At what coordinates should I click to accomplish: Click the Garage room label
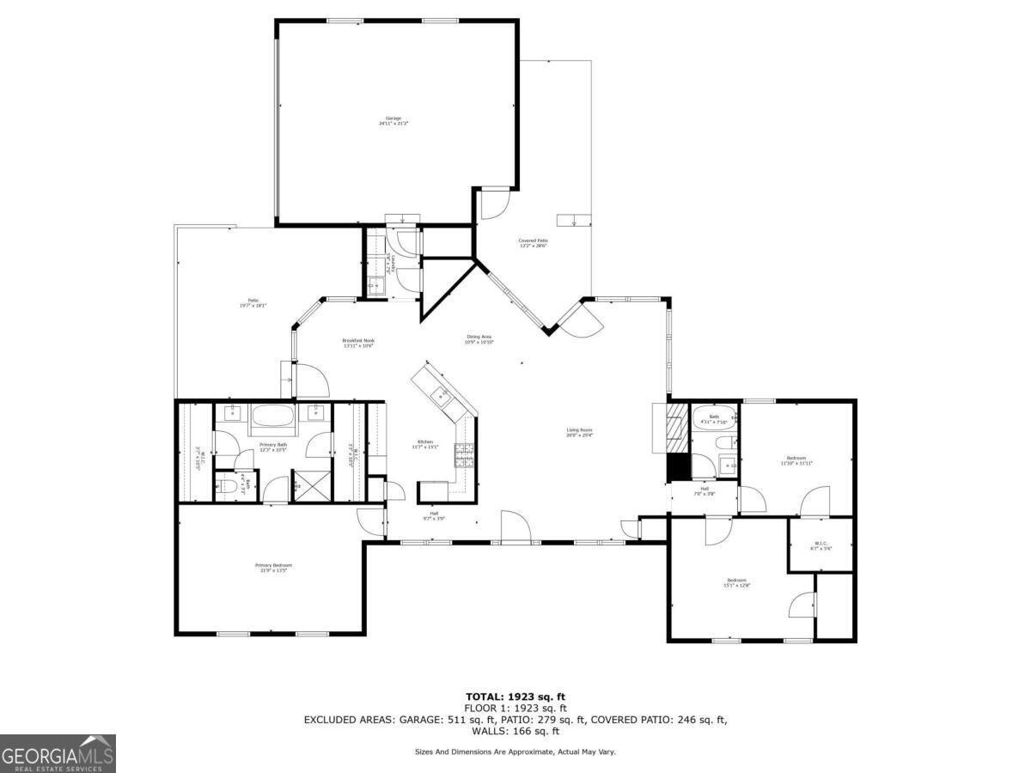coord(393,121)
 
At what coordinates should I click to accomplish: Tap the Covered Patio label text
coord(533,243)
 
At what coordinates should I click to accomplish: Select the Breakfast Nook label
coord(358,343)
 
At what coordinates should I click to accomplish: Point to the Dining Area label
coord(479,339)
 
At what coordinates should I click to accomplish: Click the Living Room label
coord(579,432)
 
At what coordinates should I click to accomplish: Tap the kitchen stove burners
coord(465,454)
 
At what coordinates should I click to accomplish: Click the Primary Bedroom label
coord(273,568)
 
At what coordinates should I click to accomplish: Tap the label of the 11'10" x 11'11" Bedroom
coord(796,460)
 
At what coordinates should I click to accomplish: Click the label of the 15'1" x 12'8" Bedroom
coord(737,583)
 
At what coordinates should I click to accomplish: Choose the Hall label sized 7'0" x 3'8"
coord(704,491)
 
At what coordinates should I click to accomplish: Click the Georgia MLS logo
coord(58,753)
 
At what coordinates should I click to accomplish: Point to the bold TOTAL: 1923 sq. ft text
coord(515,697)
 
